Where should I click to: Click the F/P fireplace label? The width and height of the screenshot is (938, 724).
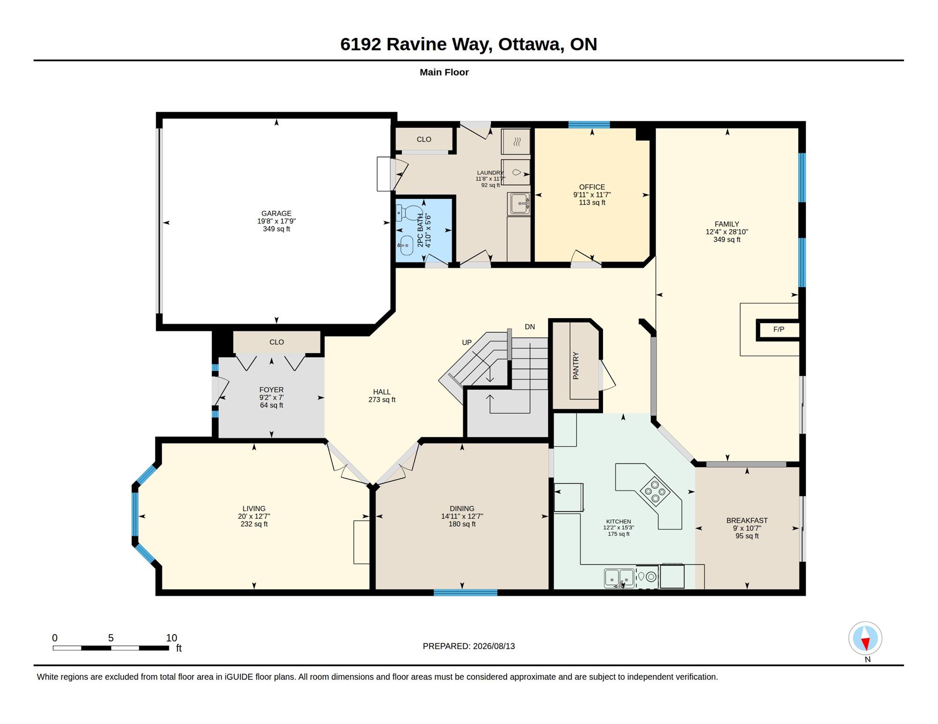point(779,329)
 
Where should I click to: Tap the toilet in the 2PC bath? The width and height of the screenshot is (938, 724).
point(408,213)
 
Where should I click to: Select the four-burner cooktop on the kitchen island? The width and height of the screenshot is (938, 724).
point(655,491)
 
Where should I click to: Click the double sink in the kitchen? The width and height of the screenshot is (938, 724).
point(620,578)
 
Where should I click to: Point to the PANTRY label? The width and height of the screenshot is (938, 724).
point(576,366)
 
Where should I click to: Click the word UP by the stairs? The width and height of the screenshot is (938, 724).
point(467,343)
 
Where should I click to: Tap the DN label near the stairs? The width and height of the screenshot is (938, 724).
point(530,327)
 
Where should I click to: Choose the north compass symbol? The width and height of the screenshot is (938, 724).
point(865,638)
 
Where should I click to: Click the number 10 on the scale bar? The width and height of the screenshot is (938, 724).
point(172,638)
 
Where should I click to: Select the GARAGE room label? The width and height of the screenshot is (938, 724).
point(276,213)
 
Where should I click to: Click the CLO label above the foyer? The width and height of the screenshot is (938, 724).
point(277,342)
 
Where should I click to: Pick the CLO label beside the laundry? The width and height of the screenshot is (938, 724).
point(424,139)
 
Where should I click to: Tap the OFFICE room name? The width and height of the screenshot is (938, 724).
point(592,187)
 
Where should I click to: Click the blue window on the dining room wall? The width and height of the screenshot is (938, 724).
point(465,593)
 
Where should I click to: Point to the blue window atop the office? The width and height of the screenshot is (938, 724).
point(589,125)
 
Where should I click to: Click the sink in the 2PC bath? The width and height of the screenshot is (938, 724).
point(406,245)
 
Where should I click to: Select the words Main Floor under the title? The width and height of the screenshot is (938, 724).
point(444,72)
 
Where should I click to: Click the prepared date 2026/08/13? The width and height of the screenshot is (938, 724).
point(494,646)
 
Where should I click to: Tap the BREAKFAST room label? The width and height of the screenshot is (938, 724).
point(747,521)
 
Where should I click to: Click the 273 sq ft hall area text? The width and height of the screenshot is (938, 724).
point(382,400)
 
